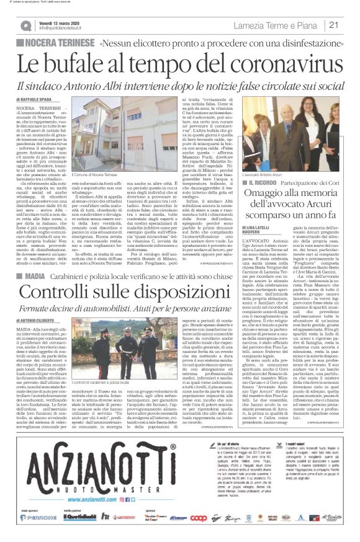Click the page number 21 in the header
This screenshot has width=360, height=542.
pyautogui.click(x=333, y=25)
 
